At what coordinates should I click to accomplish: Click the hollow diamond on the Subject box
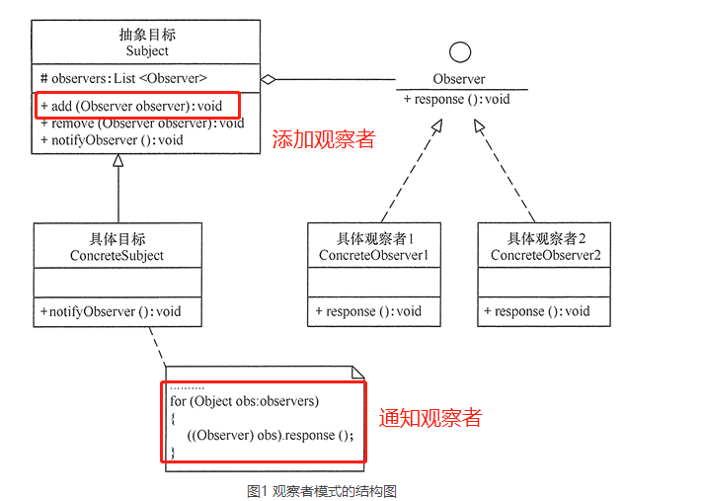(x=269, y=79)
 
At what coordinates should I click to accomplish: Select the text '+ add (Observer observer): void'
(x=131, y=106)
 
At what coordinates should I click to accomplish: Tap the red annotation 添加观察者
(x=324, y=139)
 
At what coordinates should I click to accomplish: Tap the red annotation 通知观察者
(x=430, y=418)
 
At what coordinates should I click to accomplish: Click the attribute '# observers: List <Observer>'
(x=123, y=78)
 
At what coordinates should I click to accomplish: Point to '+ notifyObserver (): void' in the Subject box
(x=112, y=140)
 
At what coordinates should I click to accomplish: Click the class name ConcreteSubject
(x=117, y=255)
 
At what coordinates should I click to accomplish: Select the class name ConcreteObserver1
(x=374, y=255)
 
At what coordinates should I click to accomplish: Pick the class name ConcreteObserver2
(x=545, y=255)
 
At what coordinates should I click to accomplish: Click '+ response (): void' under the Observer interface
(x=457, y=99)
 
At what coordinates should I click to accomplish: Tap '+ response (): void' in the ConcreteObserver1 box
(x=368, y=311)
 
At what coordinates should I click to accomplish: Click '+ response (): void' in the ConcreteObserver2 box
(x=537, y=311)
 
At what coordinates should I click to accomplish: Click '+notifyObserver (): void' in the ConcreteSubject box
(x=111, y=311)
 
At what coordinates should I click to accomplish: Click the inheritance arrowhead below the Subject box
(x=118, y=160)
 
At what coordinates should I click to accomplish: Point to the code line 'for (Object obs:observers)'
(x=245, y=401)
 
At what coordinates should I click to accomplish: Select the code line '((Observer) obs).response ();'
(x=270, y=435)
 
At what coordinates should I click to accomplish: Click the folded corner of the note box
(x=357, y=373)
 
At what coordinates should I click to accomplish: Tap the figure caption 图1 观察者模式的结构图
(x=322, y=491)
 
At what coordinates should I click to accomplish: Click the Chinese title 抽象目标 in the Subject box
(x=147, y=35)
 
